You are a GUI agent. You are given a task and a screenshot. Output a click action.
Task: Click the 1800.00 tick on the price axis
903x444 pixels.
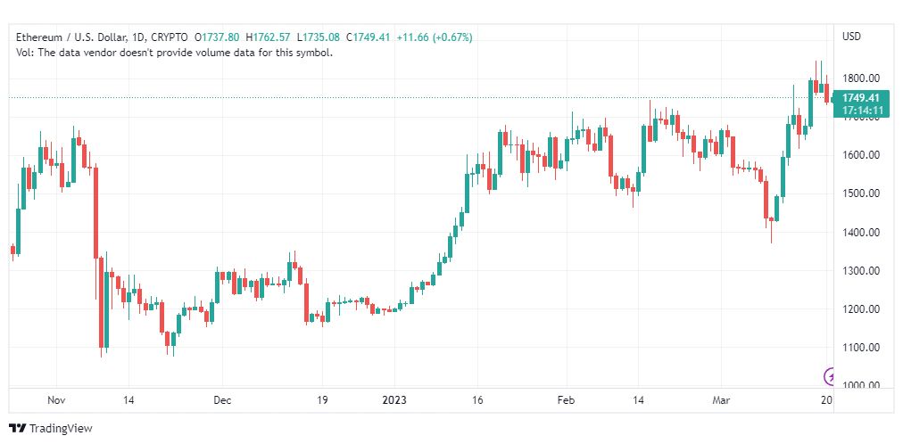[860, 78]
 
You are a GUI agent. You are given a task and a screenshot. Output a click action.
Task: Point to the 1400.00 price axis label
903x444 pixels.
[860, 232]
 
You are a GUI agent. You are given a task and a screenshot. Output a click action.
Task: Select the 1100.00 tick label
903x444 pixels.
[860, 348]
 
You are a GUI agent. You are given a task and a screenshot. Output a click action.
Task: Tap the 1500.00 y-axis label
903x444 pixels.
[860, 193]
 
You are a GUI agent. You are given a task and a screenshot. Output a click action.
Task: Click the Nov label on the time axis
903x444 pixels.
[56, 399]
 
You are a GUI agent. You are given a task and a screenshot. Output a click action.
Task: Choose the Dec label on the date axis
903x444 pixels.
[221, 399]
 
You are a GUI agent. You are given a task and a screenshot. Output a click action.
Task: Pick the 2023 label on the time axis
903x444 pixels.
[394, 399]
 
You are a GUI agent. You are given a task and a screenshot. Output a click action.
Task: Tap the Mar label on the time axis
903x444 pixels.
[721, 399]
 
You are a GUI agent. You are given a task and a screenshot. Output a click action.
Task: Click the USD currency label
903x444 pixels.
[852, 37]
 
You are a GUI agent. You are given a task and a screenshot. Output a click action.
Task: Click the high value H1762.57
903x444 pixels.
[269, 37]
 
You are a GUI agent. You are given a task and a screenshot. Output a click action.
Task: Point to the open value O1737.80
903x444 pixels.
[218, 37]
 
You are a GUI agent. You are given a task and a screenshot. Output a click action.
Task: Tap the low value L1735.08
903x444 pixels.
[319, 37]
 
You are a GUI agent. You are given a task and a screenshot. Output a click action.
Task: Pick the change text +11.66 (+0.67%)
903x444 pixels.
[435, 37]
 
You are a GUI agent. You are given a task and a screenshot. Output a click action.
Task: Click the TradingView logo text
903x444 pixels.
[61, 429]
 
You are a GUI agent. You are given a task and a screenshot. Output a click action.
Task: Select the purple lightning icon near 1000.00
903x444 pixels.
[831, 377]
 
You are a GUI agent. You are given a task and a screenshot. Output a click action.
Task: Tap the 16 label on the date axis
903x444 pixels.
[476, 399]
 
